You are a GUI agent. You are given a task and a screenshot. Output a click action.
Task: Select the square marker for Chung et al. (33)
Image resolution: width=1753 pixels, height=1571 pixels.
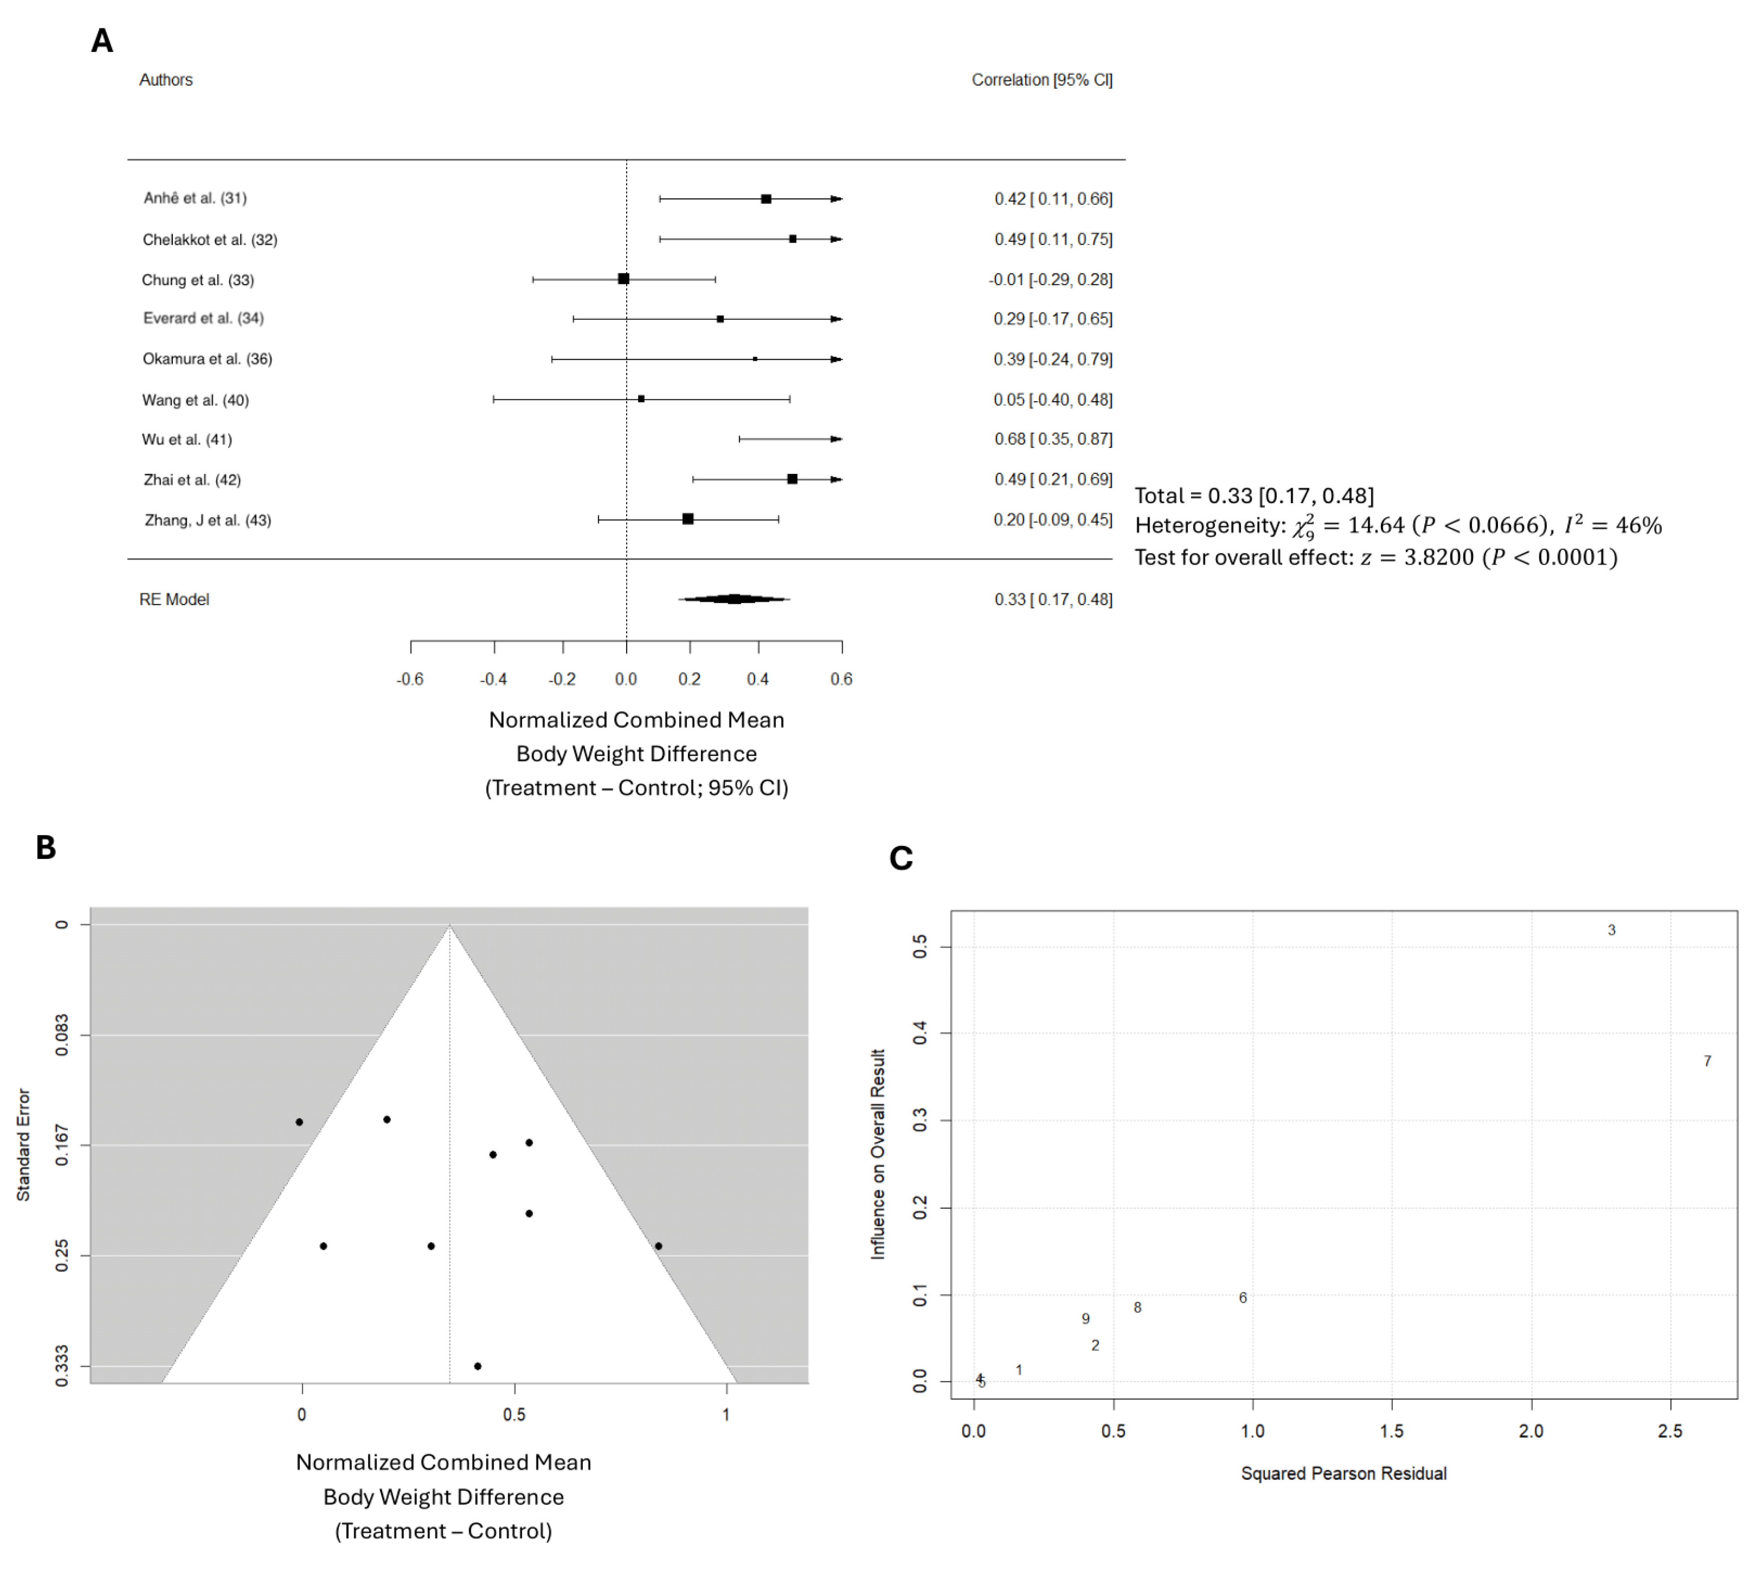pyautogui.click(x=623, y=279)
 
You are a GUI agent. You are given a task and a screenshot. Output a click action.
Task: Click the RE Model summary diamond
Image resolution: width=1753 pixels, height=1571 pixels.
pyautogui.click(x=734, y=598)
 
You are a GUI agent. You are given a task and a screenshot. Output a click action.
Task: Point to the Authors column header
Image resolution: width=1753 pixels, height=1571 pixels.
pyautogui.click(x=166, y=79)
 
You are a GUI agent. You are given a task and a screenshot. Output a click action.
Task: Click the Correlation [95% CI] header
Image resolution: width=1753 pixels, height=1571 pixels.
pyautogui.click(x=1041, y=79)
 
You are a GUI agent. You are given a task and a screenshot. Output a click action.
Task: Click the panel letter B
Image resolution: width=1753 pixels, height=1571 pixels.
pyautogui.click(x=46, y=848)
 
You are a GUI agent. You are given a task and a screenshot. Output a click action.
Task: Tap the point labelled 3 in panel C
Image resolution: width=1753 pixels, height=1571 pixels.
pyautogui.click(x=1611, y=930)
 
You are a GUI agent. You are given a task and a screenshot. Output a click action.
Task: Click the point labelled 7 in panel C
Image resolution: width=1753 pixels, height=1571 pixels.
pyautogui.click(x=1706, y=1061)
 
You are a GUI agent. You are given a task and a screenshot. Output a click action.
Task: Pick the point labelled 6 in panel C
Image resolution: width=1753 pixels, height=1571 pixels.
pyautogui.click(x=1242, y=1297)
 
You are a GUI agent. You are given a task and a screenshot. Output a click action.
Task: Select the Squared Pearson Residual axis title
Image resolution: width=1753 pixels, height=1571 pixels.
pyautogui.click(x=1343, y=1473)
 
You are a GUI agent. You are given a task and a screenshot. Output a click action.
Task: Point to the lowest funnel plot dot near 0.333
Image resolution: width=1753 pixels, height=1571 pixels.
pyautogui.click(x=477, y=1366)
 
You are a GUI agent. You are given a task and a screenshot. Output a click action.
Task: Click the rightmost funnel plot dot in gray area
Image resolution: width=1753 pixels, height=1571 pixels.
pyautogui.click(x=658, y=1246)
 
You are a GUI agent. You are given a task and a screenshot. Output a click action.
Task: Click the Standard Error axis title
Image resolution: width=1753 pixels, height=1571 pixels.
pyautogui.click(x=23, y=1144)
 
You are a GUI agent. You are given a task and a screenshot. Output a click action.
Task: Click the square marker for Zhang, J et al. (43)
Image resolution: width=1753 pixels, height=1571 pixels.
pyautogui.click(x=687, y=519)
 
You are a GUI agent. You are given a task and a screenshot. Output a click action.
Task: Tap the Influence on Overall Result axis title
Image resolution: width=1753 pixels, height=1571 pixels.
pyautogui.click(x=878, y=1154)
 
